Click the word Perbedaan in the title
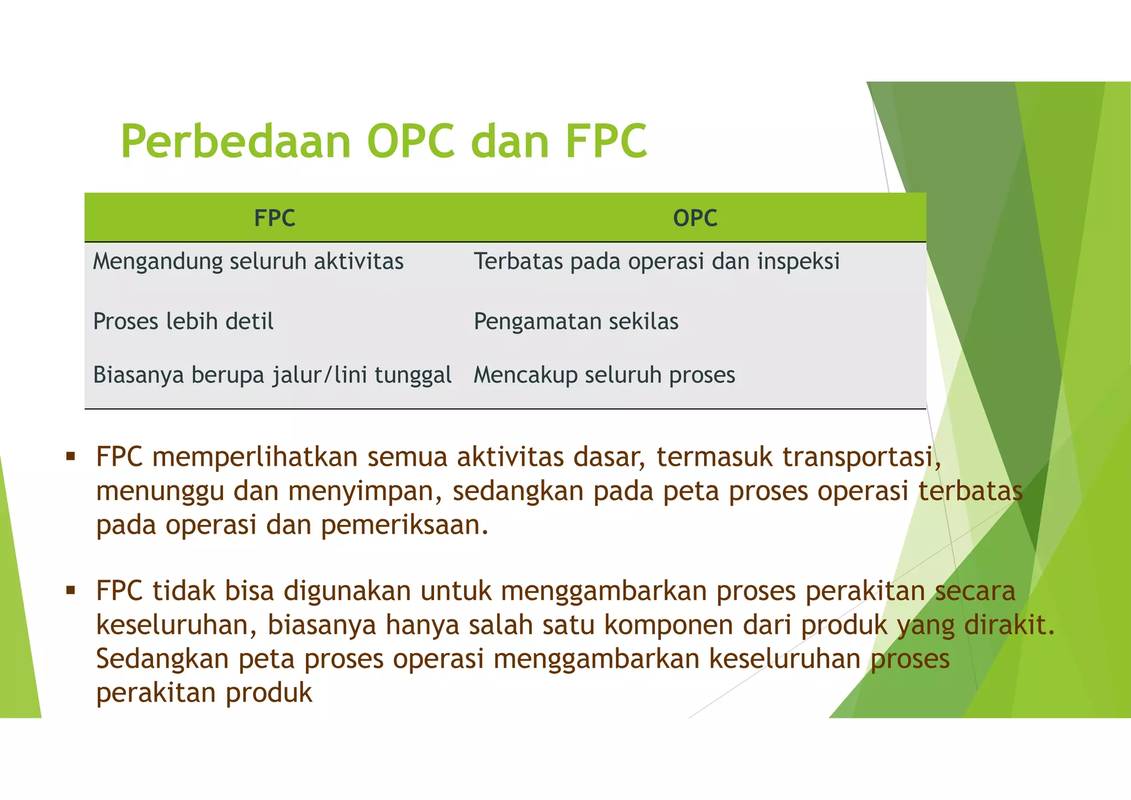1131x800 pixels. [236, 141]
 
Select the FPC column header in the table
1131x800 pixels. [274, 218]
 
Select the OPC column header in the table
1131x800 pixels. [695, 218]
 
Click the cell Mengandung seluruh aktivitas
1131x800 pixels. [248, 261]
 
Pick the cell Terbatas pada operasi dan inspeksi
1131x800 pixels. [657, 261]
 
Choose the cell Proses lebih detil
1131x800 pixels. [183, 322]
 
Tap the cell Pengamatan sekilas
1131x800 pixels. [576, 322]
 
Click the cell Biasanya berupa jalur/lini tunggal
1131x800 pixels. [272, 375]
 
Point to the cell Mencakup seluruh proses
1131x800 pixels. [604, 375]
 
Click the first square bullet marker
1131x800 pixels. [70, 457]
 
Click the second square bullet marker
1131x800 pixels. [70, 591]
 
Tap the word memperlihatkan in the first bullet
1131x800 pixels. [255, 458]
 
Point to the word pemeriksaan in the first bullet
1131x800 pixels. [404, 525]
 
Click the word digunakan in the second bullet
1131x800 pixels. [347, 591]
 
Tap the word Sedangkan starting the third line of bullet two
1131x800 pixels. [162, 659]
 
